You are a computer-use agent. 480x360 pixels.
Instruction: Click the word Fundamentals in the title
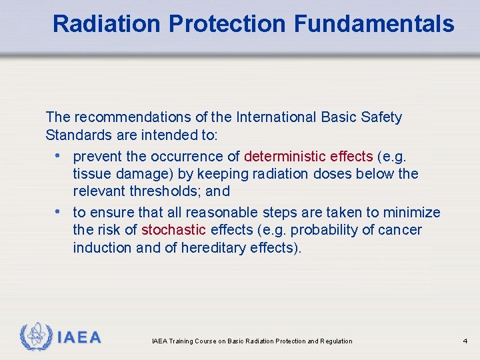coord(374,24)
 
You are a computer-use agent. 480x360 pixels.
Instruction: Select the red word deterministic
coord(285,157)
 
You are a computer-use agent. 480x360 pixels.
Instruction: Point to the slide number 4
coord(465,341)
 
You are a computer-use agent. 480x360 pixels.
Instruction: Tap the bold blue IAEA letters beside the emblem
coord(79,337)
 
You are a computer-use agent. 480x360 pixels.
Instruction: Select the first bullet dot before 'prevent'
coord(59,156)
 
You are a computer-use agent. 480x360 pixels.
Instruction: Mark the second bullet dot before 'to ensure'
coord(59,212)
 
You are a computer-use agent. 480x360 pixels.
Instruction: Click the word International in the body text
coord(274,118)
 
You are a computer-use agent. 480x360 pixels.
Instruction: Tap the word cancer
coord(401,230)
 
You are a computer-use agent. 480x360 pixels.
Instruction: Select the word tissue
coord(91,174)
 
